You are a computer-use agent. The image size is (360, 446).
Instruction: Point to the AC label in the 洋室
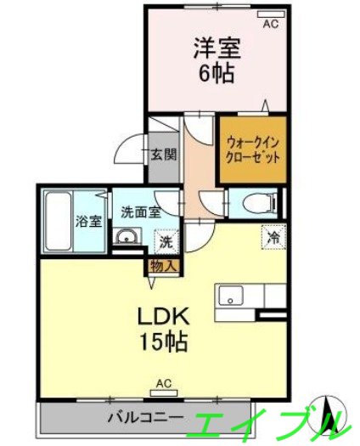pos(270,25)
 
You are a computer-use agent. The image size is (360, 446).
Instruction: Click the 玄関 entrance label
pos(164,155)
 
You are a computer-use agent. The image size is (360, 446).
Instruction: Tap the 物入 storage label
pos(163,265)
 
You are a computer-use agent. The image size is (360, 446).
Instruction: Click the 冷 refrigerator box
pos(273,236)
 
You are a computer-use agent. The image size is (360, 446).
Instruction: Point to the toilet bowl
pos(259,202)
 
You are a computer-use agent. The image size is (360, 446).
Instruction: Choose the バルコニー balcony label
pos(143,418)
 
